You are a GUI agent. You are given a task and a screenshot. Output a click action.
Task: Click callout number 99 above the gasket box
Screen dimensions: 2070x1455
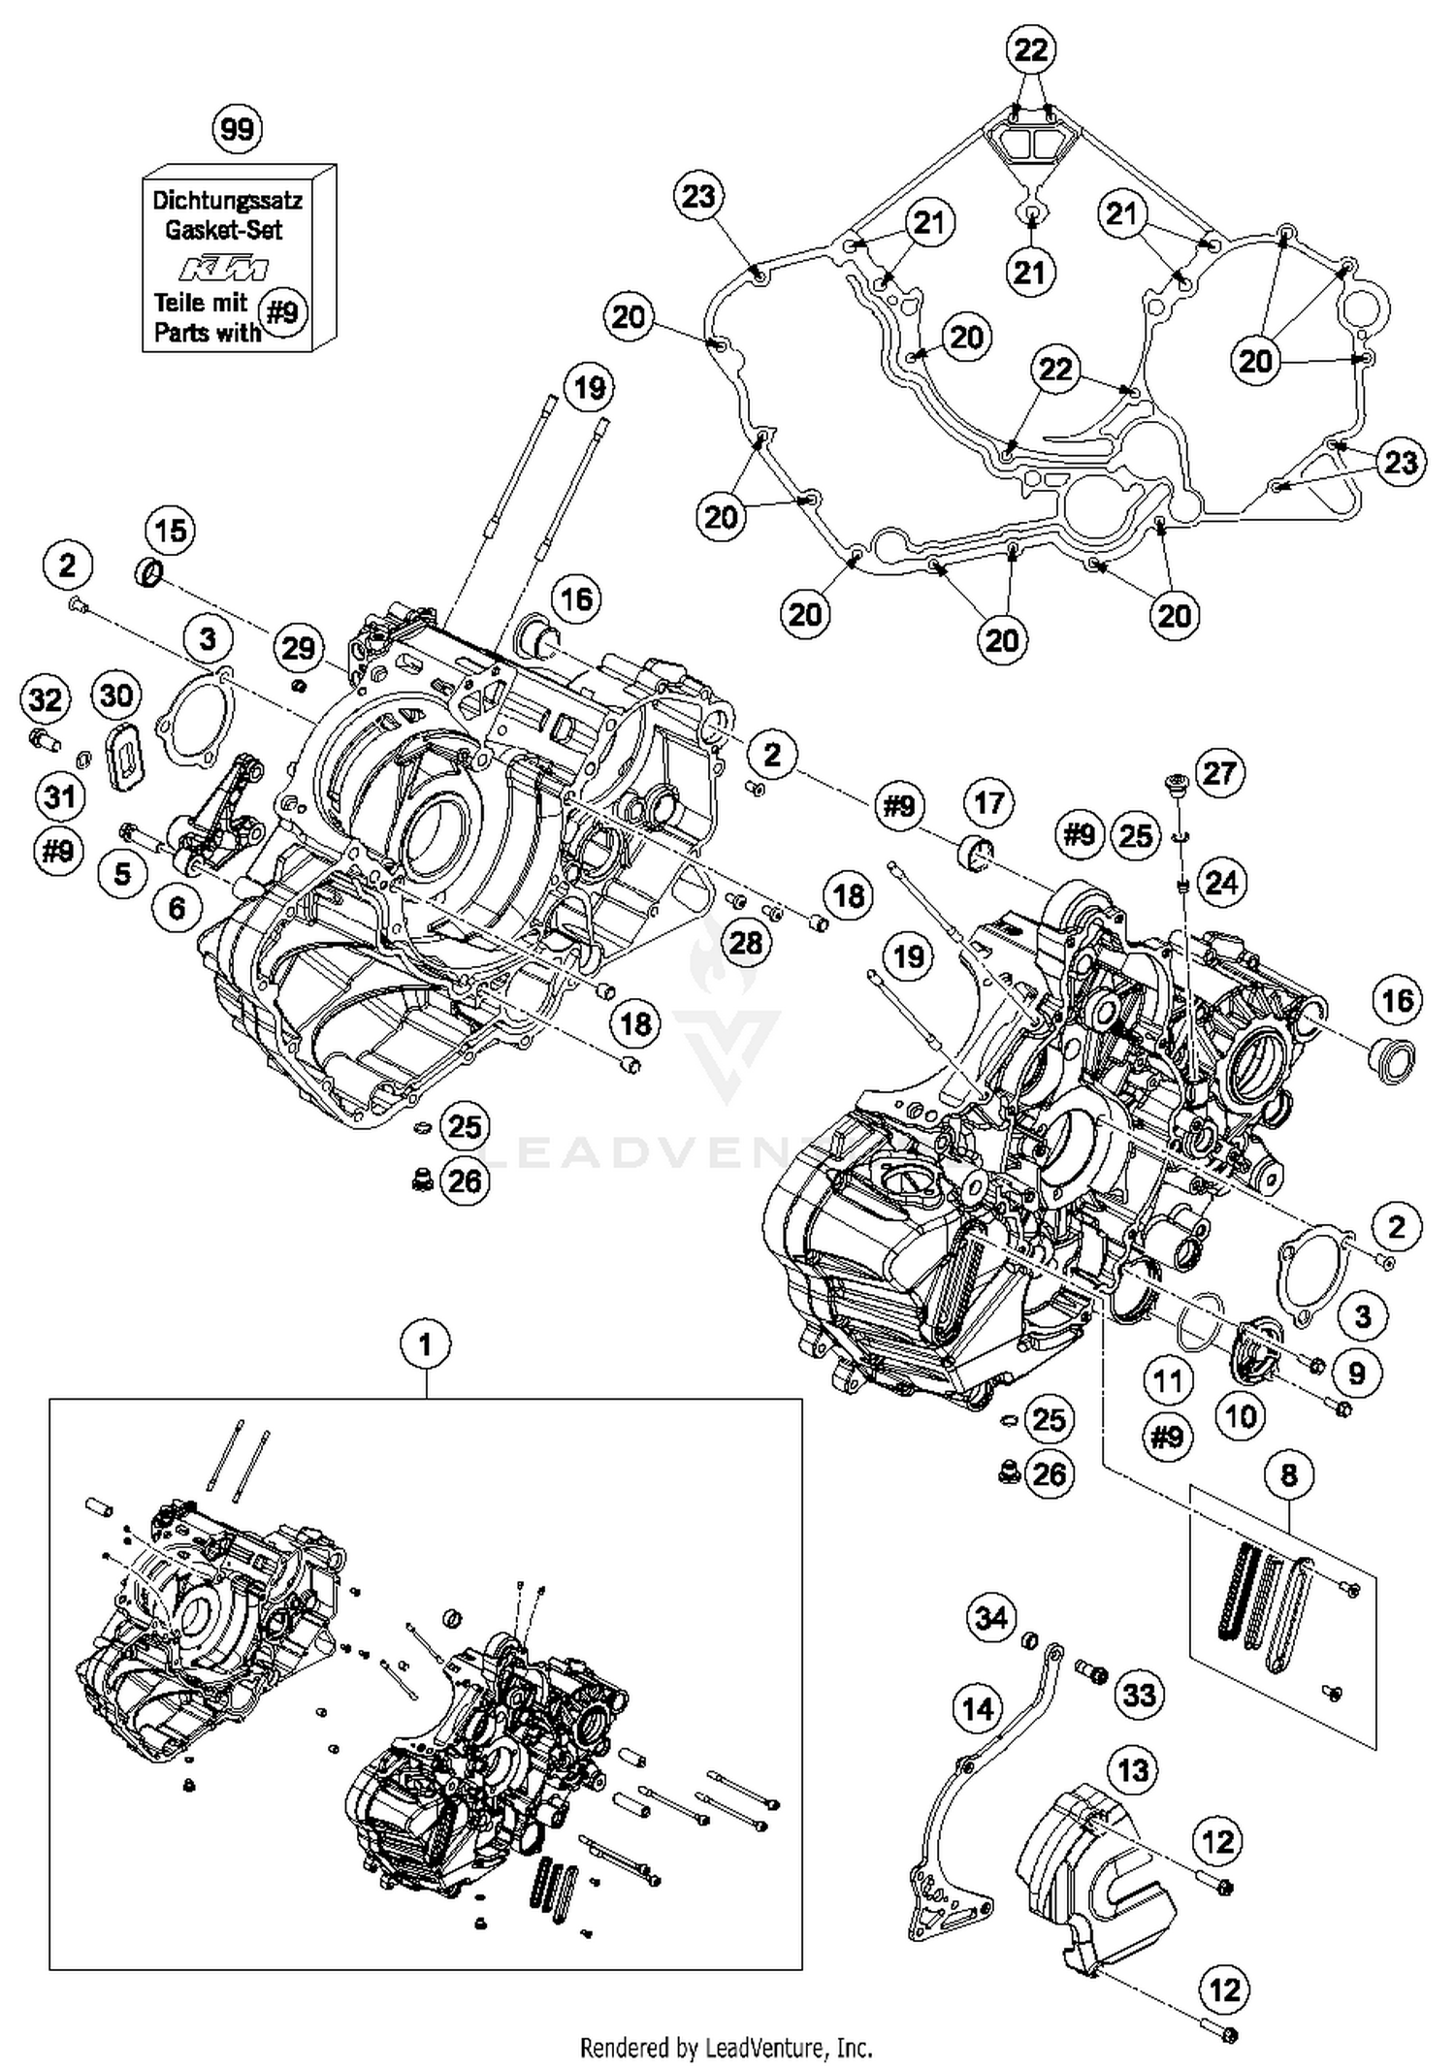238,129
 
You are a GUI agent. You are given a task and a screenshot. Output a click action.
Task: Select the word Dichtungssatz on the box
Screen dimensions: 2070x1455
228,201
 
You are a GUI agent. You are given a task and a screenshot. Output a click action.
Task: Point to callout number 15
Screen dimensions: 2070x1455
170,531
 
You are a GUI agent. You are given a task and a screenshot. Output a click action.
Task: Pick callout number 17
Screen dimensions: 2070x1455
988,803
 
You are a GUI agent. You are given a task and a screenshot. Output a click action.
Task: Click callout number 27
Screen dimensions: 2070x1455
1218,773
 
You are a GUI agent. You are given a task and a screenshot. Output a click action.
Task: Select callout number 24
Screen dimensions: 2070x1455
1221,883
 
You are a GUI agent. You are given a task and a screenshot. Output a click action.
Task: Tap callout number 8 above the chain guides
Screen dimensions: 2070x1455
1289,1475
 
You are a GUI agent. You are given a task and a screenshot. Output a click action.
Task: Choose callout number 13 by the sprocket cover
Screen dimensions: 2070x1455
1134,1770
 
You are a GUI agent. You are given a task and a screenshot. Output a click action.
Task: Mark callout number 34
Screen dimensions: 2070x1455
991,1617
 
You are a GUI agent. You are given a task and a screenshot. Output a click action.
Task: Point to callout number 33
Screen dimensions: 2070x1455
1140,1695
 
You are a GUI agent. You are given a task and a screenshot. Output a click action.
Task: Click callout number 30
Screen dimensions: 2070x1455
117,695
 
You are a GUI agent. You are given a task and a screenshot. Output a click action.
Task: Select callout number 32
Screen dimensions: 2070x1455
46,699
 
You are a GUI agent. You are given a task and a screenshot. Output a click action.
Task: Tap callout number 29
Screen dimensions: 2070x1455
298,647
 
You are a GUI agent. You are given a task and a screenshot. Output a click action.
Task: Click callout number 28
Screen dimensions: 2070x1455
745,942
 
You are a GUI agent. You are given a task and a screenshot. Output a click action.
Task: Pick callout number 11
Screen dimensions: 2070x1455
1168,1380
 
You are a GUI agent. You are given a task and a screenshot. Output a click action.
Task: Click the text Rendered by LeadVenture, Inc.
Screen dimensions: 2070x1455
727,2048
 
